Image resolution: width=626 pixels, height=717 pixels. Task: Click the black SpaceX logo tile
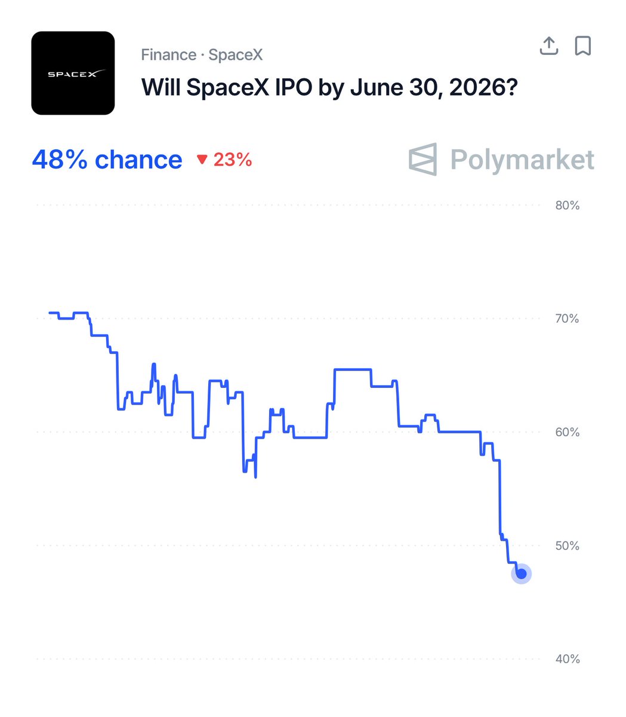[x=73, y=73]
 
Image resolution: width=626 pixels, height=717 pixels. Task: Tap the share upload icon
[x=548, y=45]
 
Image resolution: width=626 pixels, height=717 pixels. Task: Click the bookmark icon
[x=582, y=45]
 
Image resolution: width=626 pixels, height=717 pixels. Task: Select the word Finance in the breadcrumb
[x=168, y=55]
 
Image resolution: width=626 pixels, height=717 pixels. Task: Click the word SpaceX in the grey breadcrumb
[x=236, y=55]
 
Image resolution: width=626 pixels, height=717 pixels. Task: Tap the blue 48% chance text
[x=107, y=160]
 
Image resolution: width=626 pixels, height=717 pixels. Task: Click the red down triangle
[x=202, y=160]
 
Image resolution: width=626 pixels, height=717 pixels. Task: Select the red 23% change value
[x=233, y=160]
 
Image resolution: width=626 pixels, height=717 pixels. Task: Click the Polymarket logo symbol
[x=423, y=160]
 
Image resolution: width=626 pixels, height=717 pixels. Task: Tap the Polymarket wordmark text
[x=522, y=160]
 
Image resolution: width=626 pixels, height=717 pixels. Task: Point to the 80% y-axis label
[x=567, y=206]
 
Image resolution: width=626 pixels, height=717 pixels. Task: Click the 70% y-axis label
[x=567, y=318]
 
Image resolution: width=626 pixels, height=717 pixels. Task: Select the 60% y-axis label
[x=567, y=432]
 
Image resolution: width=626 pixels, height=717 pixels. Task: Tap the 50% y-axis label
[x=567, y=546]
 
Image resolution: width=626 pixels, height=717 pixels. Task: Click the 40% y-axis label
[x=567, y=659]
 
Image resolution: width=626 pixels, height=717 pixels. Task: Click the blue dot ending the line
[x=521, y=574]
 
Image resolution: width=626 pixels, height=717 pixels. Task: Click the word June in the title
[x=375, y=88]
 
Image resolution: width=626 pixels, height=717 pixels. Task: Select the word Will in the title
[x=161, y=88]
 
